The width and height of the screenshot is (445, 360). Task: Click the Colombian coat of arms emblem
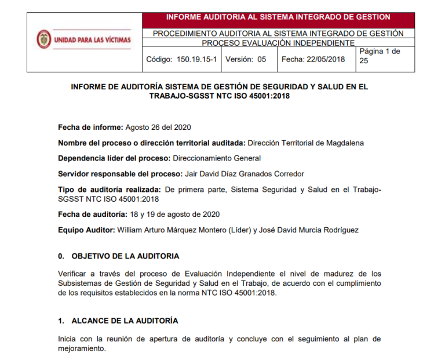tap(43, 39)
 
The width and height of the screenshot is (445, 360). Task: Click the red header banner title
tap(278, 17)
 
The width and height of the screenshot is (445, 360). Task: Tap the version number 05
tap(261, 59)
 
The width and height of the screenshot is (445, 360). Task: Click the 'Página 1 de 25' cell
tap(380, 56)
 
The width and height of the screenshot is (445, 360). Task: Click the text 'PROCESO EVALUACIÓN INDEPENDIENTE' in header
tap(278, 43)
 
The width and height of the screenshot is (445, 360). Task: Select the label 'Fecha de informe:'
tap(90, 128)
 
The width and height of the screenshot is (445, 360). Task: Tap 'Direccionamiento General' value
tap(216, 158)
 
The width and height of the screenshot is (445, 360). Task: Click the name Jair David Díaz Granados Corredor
tap(243, 174)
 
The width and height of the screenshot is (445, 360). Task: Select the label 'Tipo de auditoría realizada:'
tap(110, 190)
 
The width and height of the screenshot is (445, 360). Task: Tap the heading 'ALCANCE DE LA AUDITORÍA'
tap(125, 321)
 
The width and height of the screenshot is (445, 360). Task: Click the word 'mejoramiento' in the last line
tap(82, 349)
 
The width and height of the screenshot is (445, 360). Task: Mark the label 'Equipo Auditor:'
tap(86, 230)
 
